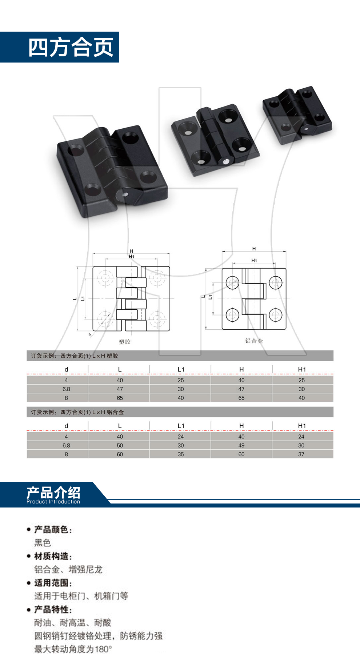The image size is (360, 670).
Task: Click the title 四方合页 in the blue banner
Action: [x=71, y=47]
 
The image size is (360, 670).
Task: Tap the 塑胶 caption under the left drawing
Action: [x=125, y=342]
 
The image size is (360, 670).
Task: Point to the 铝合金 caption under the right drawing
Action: [x=254, y=341]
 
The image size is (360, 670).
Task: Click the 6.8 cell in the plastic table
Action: [x=66, y=389]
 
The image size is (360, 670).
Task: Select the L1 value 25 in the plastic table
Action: [x=181, y=380]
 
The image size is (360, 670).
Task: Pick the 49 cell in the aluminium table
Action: [x=241, y=445]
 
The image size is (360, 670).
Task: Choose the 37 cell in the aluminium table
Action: [x=301, y=454]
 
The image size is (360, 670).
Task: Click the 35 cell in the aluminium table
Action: [x=181, y=454]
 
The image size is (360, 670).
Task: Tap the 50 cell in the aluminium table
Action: [x=120, y=445]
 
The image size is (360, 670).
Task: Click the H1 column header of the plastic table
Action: [x=302, y=369]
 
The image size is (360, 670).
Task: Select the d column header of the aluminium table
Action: [x=66, y=426]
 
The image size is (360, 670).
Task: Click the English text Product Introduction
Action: [x=53, y=502]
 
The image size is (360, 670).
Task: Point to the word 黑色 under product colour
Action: [x=43, y=543]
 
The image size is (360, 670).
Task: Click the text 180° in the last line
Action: [x=103, y=649]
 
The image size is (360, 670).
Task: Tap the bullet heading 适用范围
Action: [x=51, y=583]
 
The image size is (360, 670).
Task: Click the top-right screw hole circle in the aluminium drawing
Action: [x=276, y=282]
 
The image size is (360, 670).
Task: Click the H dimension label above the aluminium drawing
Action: [x=254, y=249]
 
